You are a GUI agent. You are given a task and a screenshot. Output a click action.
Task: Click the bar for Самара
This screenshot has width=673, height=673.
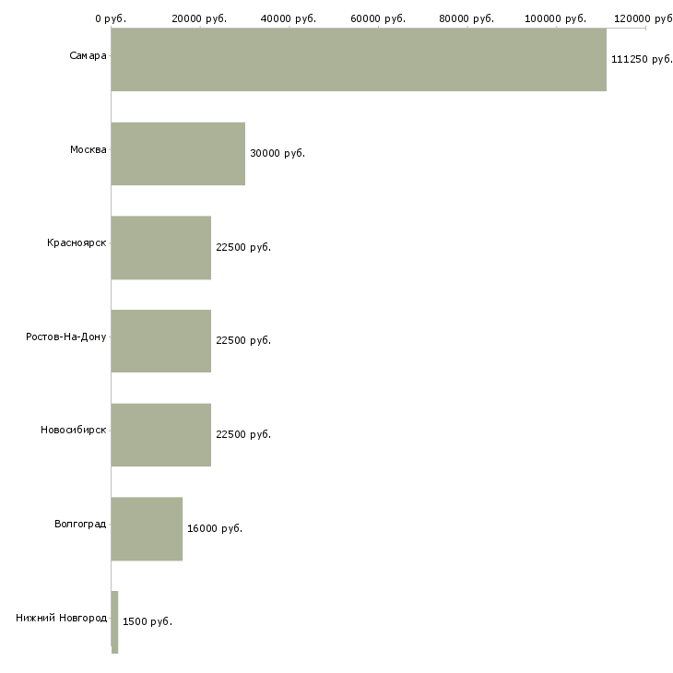[359, 60]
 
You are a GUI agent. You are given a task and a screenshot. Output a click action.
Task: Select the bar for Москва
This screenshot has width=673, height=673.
[178, 154]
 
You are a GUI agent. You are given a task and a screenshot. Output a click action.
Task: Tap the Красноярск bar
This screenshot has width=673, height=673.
[161, 248]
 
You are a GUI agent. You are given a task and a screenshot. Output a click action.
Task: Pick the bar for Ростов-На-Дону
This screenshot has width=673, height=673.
[161, 341]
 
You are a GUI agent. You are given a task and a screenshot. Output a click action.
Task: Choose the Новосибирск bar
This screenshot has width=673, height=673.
[161, 435]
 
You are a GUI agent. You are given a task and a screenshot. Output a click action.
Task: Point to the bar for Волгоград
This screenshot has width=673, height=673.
[147, 529]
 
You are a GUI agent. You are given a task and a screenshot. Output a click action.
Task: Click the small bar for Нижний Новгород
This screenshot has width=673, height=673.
[114, 622]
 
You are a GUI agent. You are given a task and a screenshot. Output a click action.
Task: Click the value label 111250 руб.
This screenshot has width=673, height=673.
[642, 59]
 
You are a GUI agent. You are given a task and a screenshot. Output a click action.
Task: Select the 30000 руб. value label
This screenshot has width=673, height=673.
[277, 153]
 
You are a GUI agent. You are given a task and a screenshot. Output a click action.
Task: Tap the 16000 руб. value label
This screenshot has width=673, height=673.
[215, 528]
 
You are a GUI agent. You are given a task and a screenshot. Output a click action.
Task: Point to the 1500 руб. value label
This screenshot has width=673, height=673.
[148, 621]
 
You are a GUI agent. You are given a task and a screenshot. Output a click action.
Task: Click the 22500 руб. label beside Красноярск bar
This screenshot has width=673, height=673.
[243, 247]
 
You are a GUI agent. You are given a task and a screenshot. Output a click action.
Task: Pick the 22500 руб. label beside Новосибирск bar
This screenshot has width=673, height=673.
[243, 434]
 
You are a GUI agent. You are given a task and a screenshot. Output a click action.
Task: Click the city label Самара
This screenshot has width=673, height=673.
[88, 55]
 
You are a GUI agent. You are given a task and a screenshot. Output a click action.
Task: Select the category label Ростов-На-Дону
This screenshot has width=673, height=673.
[66, 336]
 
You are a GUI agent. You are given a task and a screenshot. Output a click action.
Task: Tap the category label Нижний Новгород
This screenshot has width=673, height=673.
[62, 618]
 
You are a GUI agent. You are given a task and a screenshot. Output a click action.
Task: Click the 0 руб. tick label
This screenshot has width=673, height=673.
[111, 18]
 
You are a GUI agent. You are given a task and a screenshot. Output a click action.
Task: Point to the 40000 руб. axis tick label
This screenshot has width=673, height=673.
[289, 18]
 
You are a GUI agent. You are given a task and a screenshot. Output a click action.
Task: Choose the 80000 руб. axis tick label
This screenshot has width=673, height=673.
[466, 18]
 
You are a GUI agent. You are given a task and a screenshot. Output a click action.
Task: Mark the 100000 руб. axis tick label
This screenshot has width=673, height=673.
[555, 18]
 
